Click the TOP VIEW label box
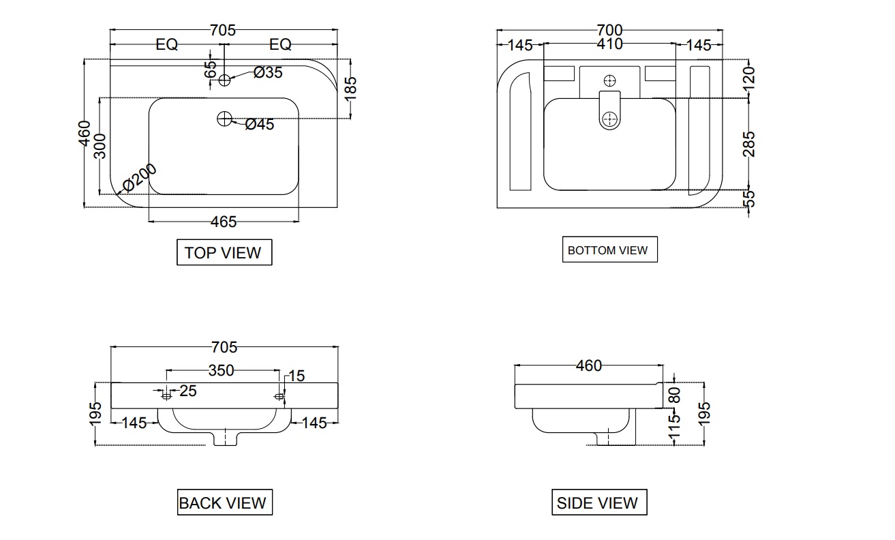click(x=224, y=252)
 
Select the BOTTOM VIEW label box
click(x=608, y=250)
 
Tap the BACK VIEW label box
click(x=223, y=503)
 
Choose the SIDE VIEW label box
click(x=598, y=503)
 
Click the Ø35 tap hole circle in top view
click(x=225, y=80)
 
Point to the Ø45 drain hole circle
click(x=224, y=119)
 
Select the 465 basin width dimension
click(x=224, y=222)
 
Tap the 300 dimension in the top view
click(x=101, y=145)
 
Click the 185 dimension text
click(x=350, y=88)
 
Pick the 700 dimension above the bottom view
click(x=609, y=30)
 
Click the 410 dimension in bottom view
click(x=609, y=44)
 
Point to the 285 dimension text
click(x=749, y=144)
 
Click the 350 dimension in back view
click(x=222, y=370)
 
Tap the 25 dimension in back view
click(x=187, y=391)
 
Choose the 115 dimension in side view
click(x=675, y=427)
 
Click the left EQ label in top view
click(x=166, y=45)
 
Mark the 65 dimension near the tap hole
click(x=211, y=69)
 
